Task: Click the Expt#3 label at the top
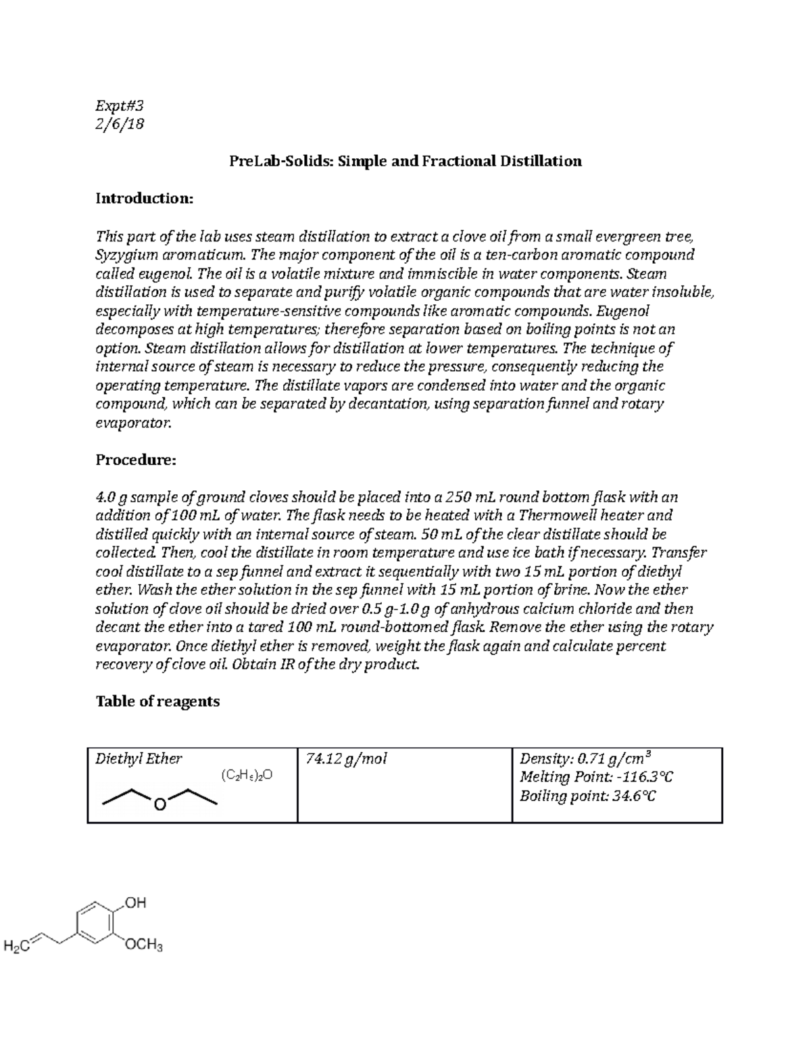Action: (x=120, y=105)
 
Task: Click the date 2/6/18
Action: (x=120, y=124)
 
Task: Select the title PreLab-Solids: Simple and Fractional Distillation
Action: (x=405, y=162)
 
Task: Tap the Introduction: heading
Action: (x=144, y=199)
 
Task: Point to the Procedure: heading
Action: (x=136, y=460)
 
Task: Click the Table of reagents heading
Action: (x=157, y=702)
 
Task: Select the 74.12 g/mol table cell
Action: (x=347, y=759)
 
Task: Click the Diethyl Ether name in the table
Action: (x=139, y=759)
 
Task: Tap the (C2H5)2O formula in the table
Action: (x=247, y=775)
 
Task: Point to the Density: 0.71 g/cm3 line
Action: (x=586, y=758)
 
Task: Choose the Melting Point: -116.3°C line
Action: (x=596, y=778)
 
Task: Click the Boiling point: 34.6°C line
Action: (x=587, y=796)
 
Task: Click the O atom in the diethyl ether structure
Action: (x=159, y=805)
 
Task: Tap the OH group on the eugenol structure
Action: (x=136, y=903)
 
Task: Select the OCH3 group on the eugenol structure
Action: (x=144, y=945)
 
